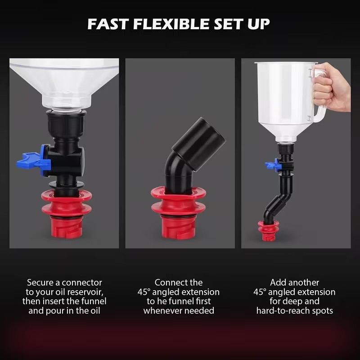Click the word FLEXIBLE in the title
coord(171,24)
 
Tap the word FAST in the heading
coord(108,24)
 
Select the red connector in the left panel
coord(67,213)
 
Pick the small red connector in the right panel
coord(268,231)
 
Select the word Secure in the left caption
coord(41,283)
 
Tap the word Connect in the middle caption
coord(169,283)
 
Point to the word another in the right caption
coord(304,283)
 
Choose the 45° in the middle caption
coord(144,292)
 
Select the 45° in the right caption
coord(260,292)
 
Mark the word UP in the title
coord(258,24)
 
